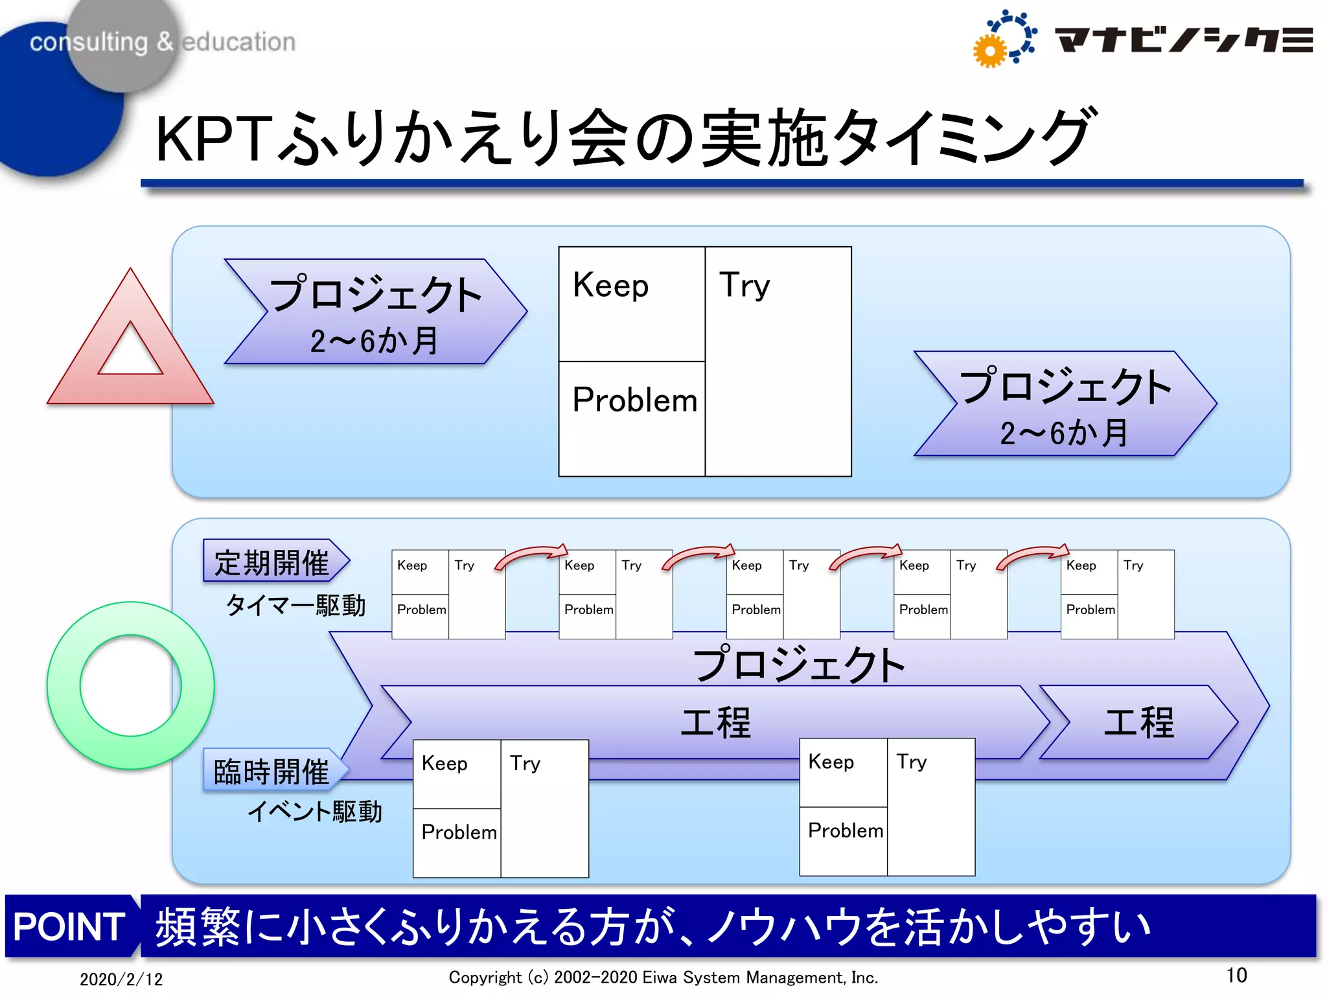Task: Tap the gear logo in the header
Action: (1004, 39)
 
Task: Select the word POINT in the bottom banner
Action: (69, 926)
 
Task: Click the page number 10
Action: (1236, 975)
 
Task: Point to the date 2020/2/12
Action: (121, 979)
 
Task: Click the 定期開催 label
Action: (272, 562)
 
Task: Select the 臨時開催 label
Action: (272, 771)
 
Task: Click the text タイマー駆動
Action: (295, 606)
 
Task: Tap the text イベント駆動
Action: (315, 811)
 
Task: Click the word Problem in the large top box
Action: (634, 400)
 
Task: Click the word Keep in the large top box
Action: (610, 286)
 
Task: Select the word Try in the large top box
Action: (744, 286)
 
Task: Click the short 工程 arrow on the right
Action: (1138, 722)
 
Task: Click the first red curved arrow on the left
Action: (531, 556)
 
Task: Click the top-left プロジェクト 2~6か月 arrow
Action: (375, 312)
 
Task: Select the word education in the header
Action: (238, 41)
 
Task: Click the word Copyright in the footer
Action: (485, 978)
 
